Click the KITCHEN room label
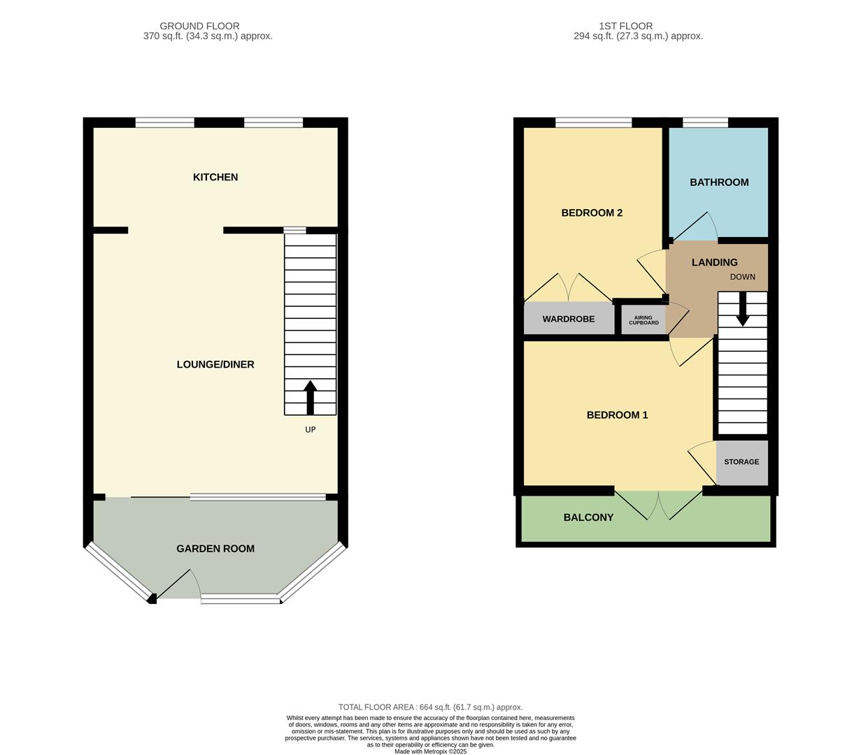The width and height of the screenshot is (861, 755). (x=215, y=178)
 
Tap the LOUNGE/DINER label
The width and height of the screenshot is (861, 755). (x=215, y=365)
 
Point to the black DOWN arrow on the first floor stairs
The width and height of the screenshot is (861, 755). (x=743, y=308)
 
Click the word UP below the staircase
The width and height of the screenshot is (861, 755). (x=310, y=430)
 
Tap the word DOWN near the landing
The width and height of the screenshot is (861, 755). (x=743, y=277)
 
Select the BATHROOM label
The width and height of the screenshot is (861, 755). (x=719, y=182)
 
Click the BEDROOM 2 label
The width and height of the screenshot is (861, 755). (x=592, y=213)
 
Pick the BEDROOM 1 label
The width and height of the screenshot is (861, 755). (x=617, y=415)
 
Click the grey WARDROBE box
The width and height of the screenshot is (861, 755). (x=569, y=319)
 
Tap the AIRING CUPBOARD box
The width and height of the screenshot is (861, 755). (x=643, y=320)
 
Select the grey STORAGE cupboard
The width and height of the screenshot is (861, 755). (x=741, y=462)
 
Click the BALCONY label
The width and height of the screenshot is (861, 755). (x=588, y=518)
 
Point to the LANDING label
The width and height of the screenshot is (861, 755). (x=714, y=263)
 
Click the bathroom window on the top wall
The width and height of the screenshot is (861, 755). (x=705, y=123)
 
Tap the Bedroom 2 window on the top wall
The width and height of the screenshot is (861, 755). (x=593, y=123)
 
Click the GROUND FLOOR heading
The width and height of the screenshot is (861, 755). (x=199, y=26)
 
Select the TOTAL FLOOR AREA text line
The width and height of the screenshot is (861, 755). (x=430, y=707)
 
